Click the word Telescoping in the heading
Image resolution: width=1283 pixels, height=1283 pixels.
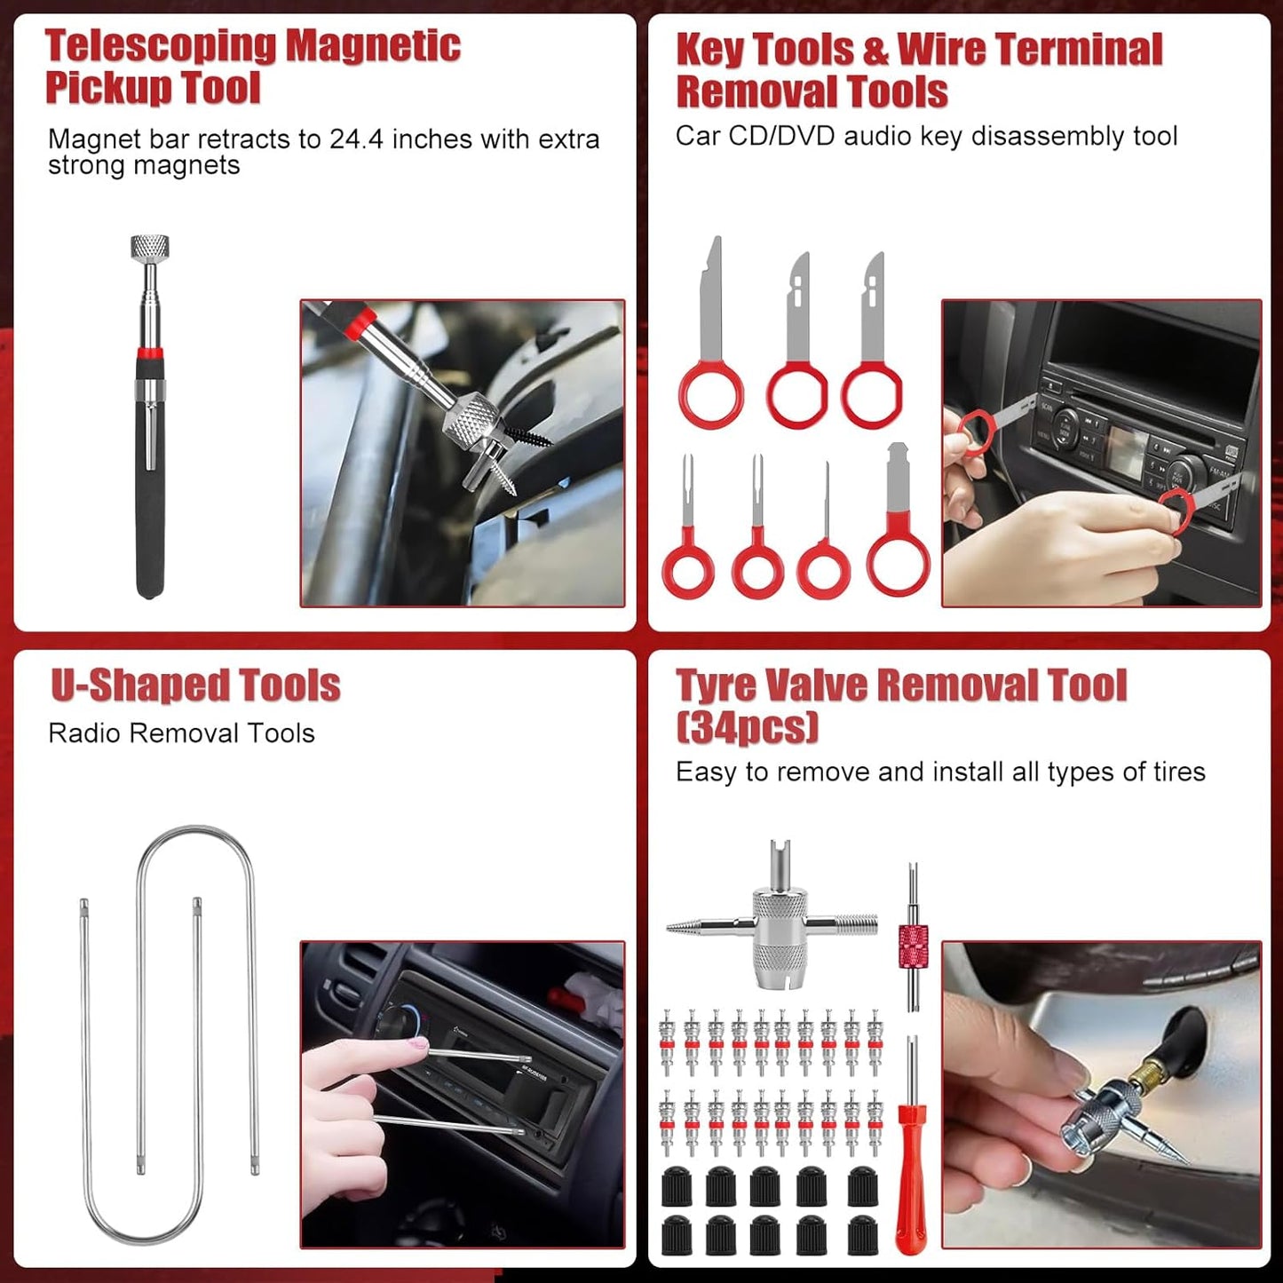[161, 46]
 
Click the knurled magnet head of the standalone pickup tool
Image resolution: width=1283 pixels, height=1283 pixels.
[149, 247]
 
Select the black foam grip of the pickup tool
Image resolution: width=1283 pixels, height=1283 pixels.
[150, 497]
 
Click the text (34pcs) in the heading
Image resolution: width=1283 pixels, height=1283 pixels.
[747, 727]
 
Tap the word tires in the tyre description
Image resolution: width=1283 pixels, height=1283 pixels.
[1179, 772]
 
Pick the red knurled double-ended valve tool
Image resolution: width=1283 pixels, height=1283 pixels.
[913, 947]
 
